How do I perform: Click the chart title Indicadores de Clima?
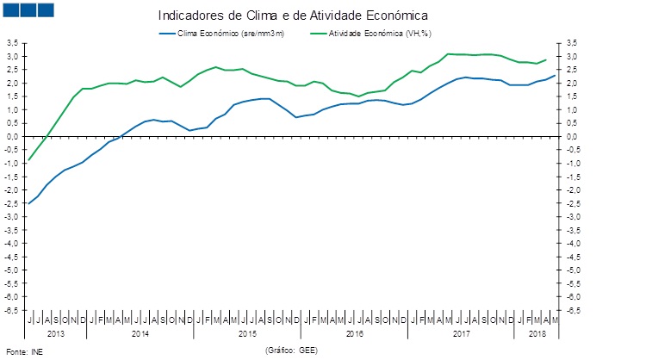pos(293,16)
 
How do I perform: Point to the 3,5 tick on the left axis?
pos(13,43)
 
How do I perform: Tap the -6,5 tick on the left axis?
pos(12,310)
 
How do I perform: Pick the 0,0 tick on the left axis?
pos(13,136)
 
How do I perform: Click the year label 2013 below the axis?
pos(56,332)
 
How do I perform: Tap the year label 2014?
pos(141,332)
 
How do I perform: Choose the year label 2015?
pos(248,332)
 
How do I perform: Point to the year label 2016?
pos(354,332)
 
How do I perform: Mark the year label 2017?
pos(461,332)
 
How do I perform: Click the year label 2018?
pos(537,332)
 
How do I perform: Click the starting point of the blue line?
pos(29,203)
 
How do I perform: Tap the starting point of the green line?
pos(29,160)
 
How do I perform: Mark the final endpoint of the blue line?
pos(554,75)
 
